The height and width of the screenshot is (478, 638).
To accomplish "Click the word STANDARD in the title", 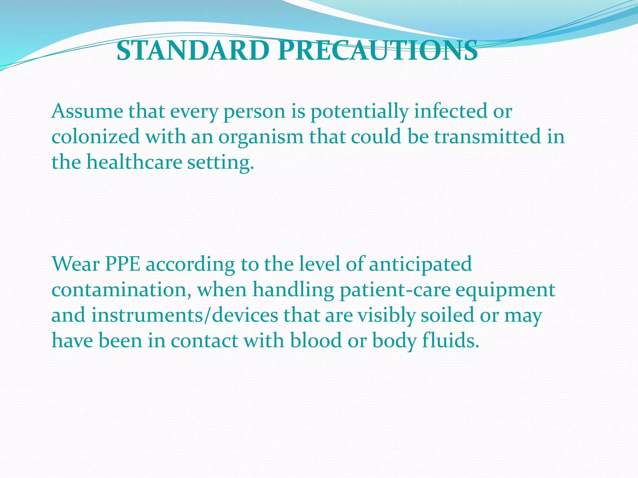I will (193, 51).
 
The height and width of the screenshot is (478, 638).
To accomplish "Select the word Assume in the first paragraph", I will (88, 111).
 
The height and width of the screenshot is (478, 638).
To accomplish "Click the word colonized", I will (95, 137).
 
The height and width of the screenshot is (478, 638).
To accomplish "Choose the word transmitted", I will (488, 137).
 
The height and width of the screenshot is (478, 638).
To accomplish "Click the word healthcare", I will (134, 162).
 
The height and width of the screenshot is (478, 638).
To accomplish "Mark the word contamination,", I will (121, 290).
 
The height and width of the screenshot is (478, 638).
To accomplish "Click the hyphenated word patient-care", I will (395, 290).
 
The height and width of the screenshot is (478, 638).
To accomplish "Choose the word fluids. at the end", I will (450, 341).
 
